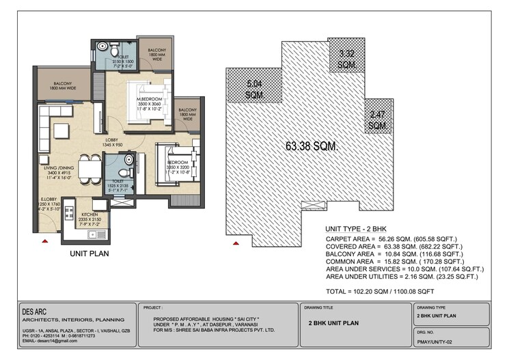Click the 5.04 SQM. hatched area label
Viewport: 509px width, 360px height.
[255, 89]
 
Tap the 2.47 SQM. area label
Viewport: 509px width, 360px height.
[378, 120]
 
